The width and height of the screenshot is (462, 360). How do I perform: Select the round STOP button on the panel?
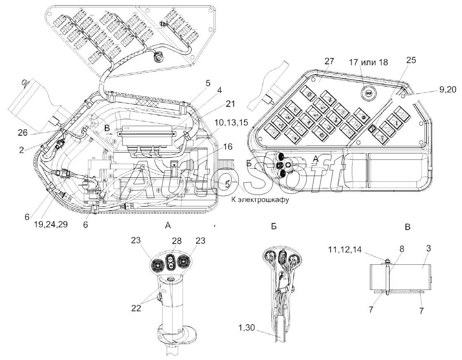pos(367,93)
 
